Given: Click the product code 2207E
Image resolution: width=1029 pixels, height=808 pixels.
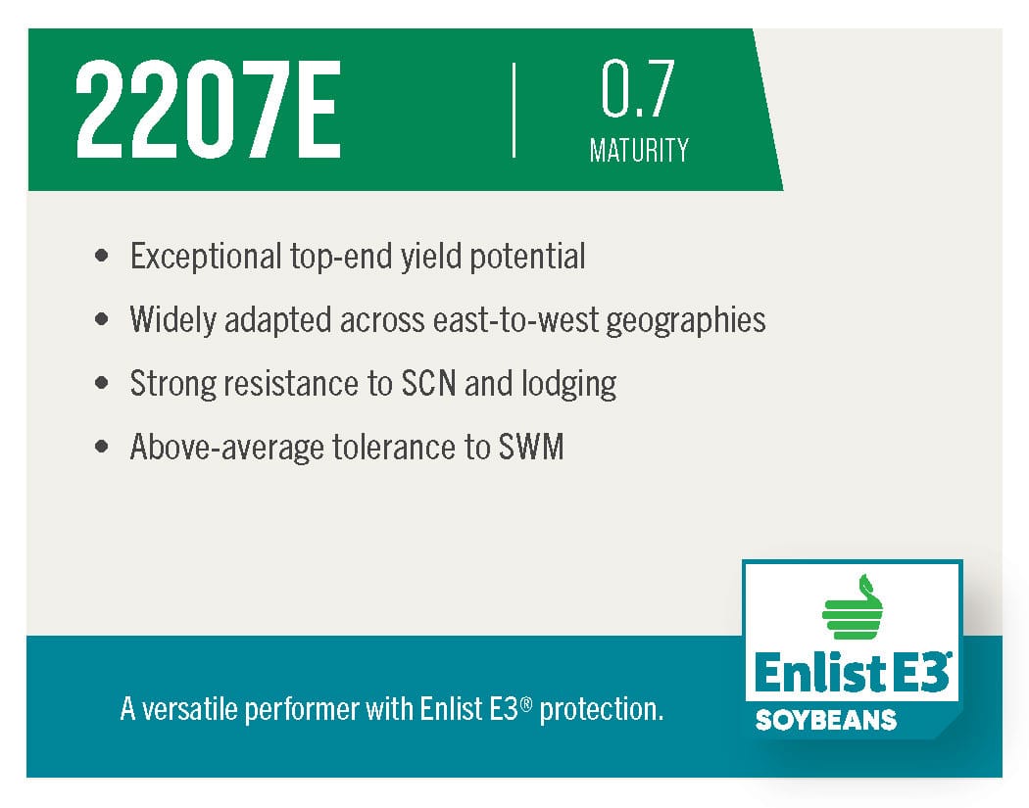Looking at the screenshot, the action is point(208,110).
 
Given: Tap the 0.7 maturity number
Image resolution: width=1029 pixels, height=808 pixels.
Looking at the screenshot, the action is point(637,88).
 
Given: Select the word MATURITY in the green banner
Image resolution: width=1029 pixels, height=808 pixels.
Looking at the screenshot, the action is point(639,150).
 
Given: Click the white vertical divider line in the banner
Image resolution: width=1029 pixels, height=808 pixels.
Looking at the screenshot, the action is point(514,110).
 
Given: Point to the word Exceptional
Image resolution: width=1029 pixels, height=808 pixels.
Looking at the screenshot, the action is point(206,257).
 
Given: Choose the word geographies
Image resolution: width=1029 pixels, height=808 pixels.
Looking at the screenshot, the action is point(686,320).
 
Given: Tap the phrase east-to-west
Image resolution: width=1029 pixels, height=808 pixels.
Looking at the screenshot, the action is point(515,320).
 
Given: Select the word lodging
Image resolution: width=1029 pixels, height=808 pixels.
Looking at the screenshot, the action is point(569,384).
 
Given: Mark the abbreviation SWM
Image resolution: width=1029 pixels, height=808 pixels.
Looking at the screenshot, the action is point(531,448).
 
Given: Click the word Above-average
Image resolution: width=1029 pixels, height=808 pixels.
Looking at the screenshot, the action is point(227,448).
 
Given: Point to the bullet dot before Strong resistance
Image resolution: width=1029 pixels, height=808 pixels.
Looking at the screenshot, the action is point(102,382).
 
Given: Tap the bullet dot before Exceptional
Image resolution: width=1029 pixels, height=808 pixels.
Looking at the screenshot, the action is point(102,255).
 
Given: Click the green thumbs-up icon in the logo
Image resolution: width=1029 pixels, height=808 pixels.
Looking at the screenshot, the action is point(852,606).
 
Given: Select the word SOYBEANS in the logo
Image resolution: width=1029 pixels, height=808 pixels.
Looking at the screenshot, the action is point(825,720).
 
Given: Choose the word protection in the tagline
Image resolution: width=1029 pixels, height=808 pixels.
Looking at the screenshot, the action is point(601,710).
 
